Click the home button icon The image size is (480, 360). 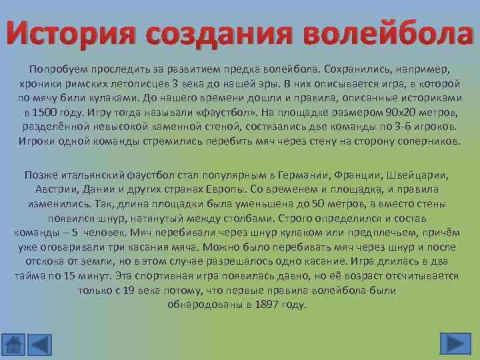(13, 343)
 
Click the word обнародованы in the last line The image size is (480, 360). (203, 305)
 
